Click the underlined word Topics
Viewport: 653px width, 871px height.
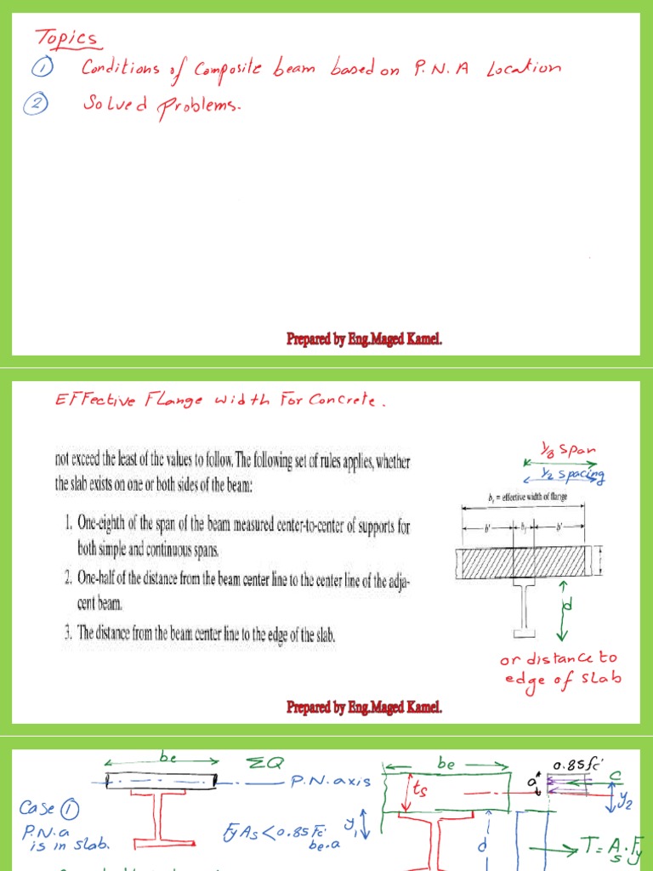point(66,38)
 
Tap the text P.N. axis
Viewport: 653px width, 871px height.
point(330,782)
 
